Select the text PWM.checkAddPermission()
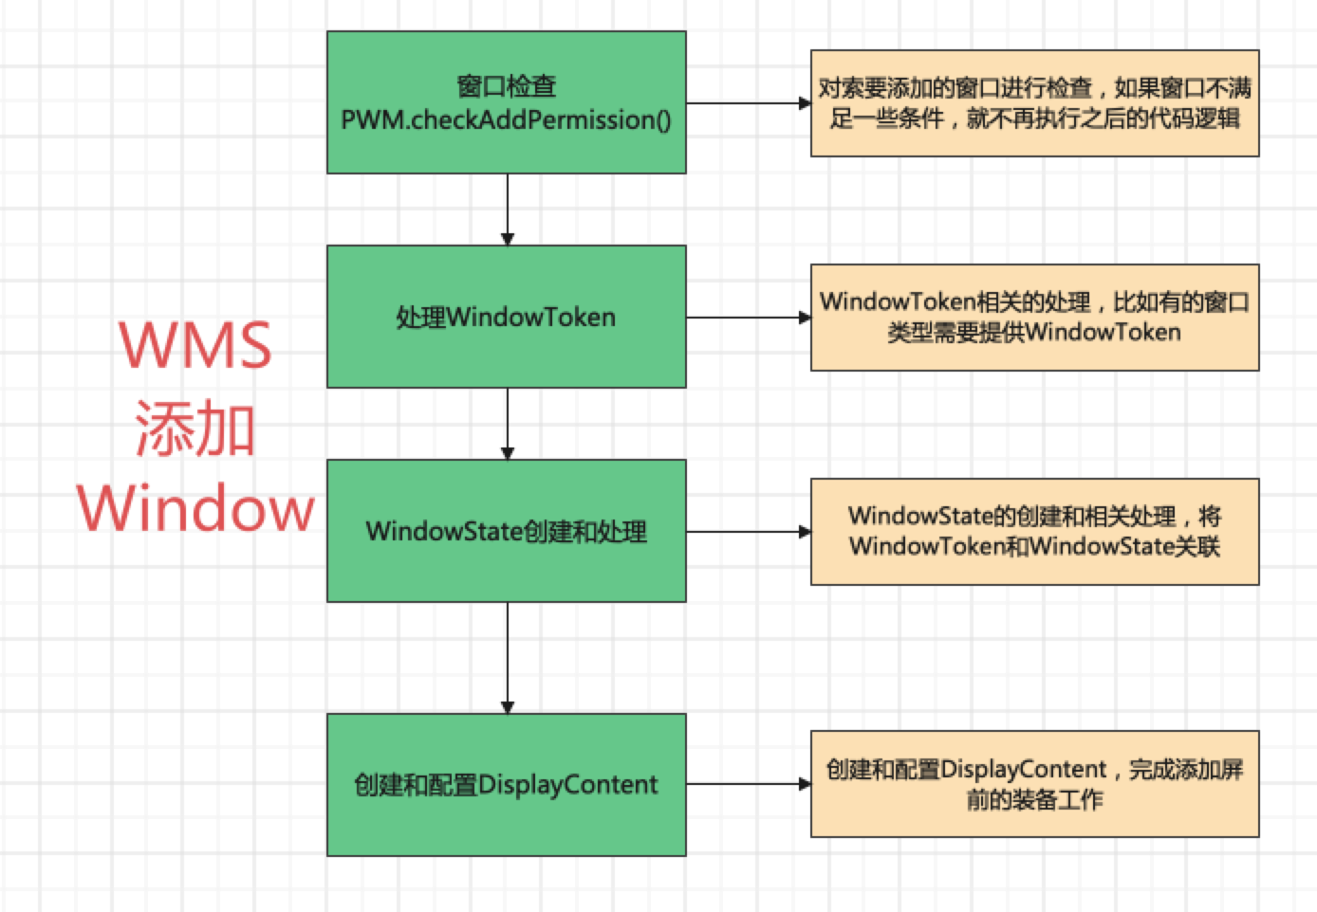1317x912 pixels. coord(506,120)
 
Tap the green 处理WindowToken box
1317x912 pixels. coord(506,317)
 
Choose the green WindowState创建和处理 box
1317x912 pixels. coord(506,531)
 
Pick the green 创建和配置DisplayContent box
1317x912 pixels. coord(506,785)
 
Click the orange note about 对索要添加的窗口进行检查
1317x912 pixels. coord(1034,103)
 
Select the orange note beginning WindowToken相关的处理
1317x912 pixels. coord(1034,318)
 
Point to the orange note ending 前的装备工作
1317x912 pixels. coord(1034,784)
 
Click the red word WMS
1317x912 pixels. coord(195,345)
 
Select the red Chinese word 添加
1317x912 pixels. coord(195,429)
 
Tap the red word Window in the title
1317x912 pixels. coord(195,509)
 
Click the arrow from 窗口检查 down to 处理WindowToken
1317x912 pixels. coord(508,209)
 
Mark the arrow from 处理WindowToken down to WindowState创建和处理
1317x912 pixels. coord(508,423)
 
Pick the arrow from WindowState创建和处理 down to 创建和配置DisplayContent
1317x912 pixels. coord(508,657)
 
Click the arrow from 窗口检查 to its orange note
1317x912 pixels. coord(748,103)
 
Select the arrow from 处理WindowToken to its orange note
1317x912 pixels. coord(748,318)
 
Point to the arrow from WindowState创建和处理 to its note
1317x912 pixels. coord(748,532)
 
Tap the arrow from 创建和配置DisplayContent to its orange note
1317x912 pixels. coord(748,784)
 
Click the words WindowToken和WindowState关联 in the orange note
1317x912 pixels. coord(1034,547)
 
